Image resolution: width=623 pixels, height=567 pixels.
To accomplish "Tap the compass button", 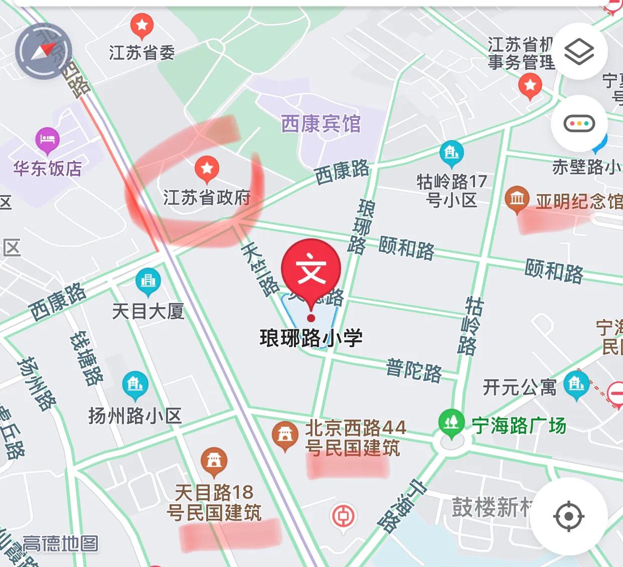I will pos(44,51).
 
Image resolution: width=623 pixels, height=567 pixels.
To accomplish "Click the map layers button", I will pos(579,52).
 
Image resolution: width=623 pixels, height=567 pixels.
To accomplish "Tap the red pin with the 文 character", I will pos(311,271).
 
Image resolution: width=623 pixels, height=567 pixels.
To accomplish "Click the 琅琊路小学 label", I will pos(311,338).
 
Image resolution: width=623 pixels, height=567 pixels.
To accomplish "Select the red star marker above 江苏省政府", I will pos(207,169).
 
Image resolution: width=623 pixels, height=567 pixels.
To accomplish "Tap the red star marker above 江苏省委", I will pos(142,25).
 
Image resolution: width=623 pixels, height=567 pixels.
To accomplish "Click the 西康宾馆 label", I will pos(321,123).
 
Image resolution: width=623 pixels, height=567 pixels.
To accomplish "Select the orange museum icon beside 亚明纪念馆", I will pos(517,199).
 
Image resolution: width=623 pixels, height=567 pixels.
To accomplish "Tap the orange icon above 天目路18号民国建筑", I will pos(214,460).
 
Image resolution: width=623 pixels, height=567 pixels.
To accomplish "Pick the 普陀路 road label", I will pos(414,370).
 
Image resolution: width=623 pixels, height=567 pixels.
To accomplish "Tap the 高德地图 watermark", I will pos(61,543).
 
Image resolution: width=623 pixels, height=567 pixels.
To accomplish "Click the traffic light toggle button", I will pos(579,123).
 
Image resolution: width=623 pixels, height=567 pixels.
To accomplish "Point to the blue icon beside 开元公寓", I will pos(576,385).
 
